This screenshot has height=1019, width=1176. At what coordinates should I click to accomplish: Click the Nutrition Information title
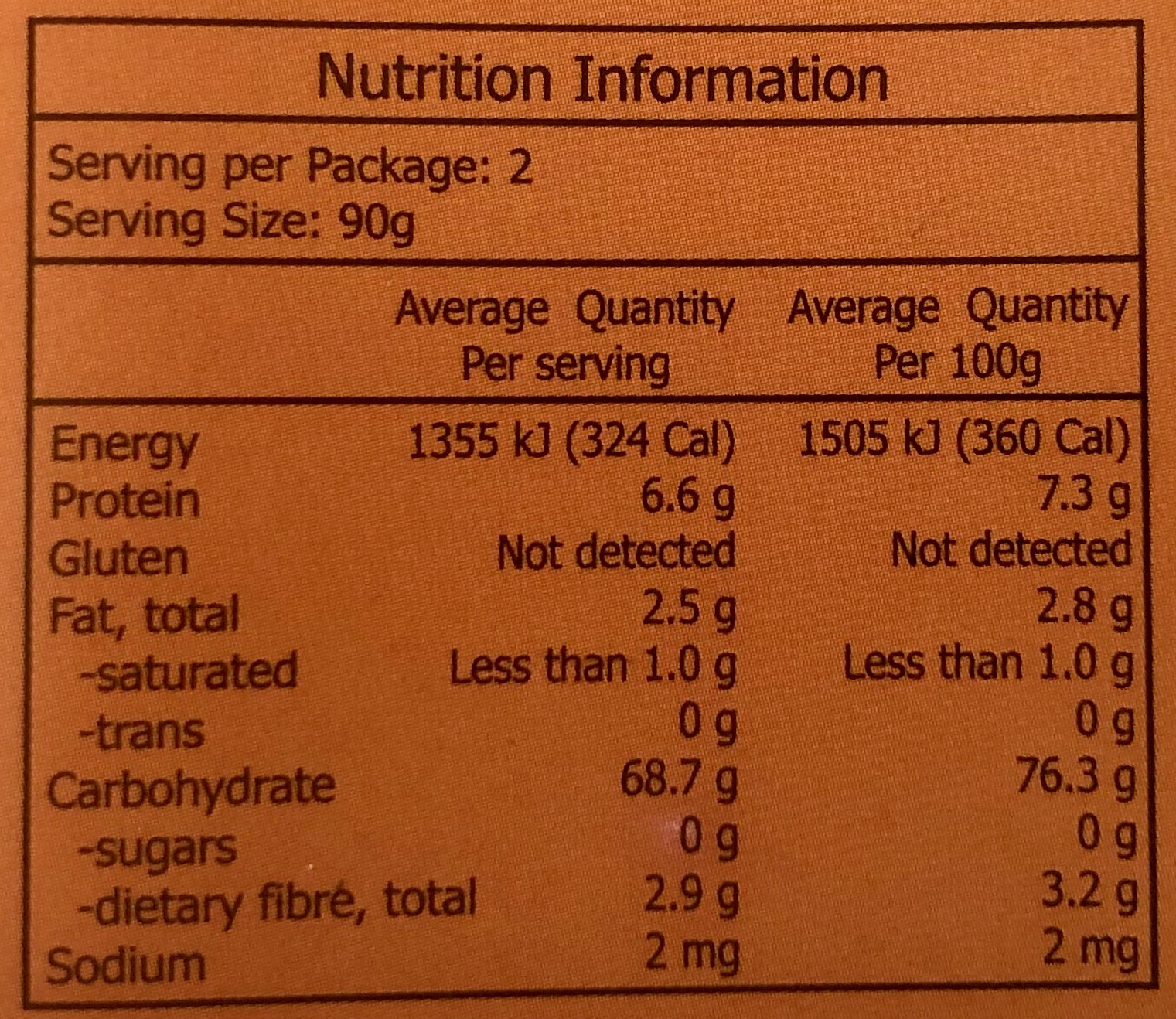pyautogui.click(x=602, y=79)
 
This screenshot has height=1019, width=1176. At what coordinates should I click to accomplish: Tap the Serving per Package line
pyautogui.click(x=290, y=165)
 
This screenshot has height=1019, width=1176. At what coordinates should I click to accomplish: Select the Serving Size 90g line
pyautogui.click(x=231, y=223)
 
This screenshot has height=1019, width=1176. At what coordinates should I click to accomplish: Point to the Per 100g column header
pyautogui.click(x=957, y=335)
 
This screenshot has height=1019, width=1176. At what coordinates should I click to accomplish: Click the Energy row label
pyautogui.click(x=124, y=445)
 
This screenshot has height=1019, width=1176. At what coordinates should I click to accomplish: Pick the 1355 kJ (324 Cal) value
pyautogui.click(x=571, y=441)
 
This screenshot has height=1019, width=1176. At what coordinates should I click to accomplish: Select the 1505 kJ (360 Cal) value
pyautogui.click(x=963, y=440)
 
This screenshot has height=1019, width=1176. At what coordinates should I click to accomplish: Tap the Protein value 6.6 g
pyautogui.click(x=687, y=499)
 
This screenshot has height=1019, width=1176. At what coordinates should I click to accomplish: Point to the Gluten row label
pyautogui.click(x=118, y=558)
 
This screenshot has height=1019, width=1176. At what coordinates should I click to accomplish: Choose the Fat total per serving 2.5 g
pyautogui.click(x=688, y=611)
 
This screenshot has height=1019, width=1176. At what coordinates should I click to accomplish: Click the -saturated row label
pyautogui.click(x=189, y=671)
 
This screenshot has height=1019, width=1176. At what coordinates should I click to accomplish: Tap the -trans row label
pyautogui.click(x=143, y=731)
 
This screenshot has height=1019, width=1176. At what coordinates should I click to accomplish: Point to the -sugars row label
pyautogui.click(x=159, y=849)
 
